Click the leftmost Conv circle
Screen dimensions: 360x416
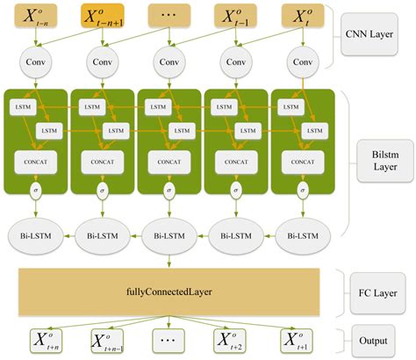[37, 63]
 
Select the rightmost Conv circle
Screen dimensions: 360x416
[303, 63]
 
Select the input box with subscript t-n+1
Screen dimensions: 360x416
[104, 15]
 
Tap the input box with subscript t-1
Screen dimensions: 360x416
[236, 15]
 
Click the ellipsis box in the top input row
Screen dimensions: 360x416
[169, 15]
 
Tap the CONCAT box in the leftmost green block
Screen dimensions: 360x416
[36, 162]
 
